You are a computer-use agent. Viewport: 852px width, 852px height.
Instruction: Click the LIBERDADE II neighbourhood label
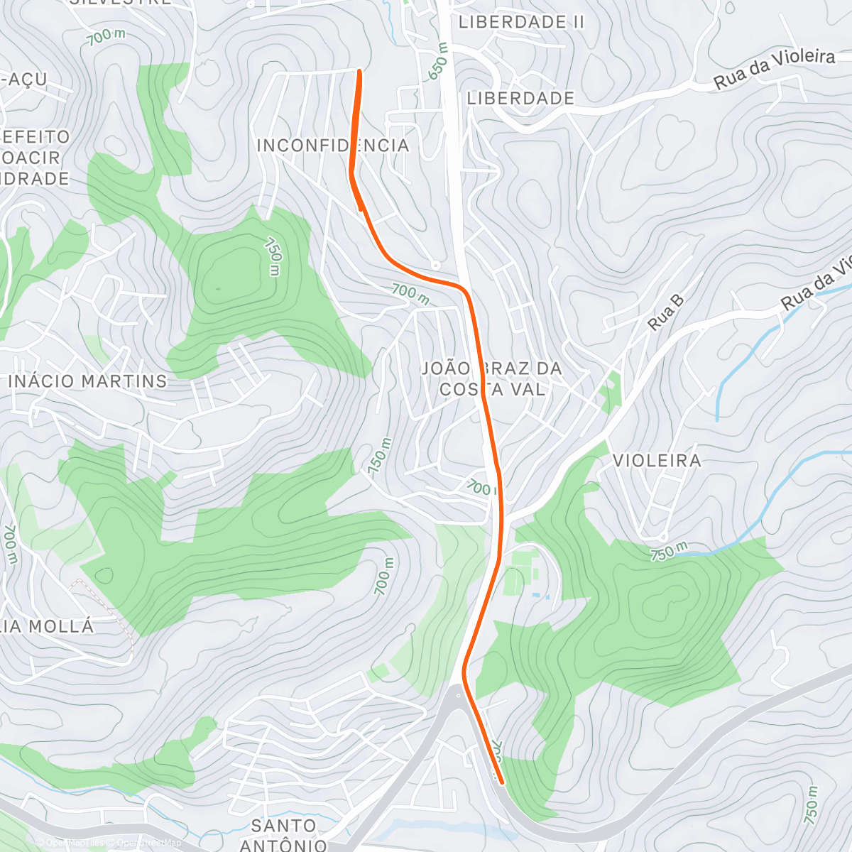[x=521, y=22]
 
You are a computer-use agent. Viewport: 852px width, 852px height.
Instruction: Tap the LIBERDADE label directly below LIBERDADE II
[x=520, y=98]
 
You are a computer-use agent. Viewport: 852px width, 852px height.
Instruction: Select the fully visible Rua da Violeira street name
[x=774, y=69]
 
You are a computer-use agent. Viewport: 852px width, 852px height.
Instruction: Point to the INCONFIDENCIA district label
[x=333, y=146]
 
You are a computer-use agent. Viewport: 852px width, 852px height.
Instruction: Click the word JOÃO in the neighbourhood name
[x=446, y=368]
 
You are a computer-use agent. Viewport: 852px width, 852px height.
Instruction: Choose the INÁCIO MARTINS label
[x=87, y=381]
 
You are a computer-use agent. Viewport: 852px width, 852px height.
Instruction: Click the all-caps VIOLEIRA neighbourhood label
[x=657, y=461]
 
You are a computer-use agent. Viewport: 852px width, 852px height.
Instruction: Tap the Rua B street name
[x=666, y=312]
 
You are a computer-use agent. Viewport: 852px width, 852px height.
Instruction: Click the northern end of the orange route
[x=359, y=71]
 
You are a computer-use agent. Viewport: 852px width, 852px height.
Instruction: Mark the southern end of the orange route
[x=502, y=782]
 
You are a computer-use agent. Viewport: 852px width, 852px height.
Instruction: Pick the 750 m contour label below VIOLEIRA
[x=669, y=552]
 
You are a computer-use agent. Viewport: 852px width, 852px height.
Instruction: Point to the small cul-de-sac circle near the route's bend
[x=435, y=265]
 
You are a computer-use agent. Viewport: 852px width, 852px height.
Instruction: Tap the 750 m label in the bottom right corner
[x=812, y=805]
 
